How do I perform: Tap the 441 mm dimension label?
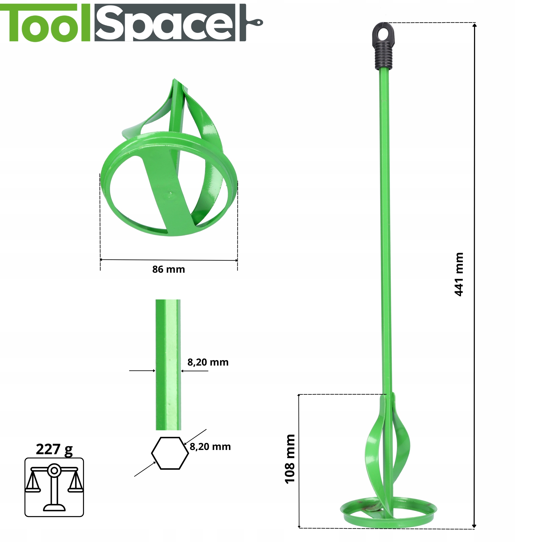459,274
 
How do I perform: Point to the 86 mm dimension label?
169,269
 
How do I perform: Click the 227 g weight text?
54,450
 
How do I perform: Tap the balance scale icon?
54,488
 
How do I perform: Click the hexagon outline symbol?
170,453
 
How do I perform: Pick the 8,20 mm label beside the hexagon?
210,447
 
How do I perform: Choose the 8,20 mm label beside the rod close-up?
208,362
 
